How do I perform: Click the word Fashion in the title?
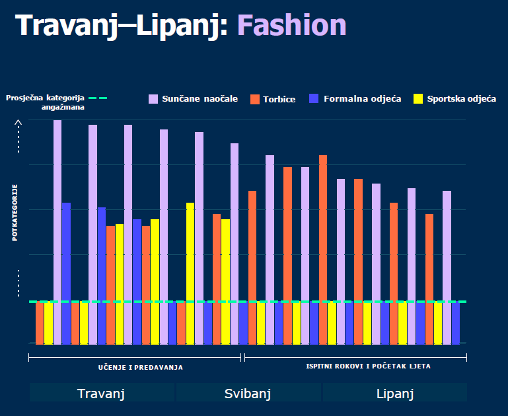291,26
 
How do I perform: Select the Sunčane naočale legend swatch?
153,99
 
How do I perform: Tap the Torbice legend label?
279,99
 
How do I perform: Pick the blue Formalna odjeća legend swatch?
314,99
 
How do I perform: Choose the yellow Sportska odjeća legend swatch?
417,99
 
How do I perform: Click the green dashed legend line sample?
97,98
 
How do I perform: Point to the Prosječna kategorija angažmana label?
46,102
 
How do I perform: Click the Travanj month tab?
101,394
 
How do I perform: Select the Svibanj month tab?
248,394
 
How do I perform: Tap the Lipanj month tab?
394,394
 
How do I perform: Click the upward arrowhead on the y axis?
18,122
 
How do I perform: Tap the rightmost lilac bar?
447,264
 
